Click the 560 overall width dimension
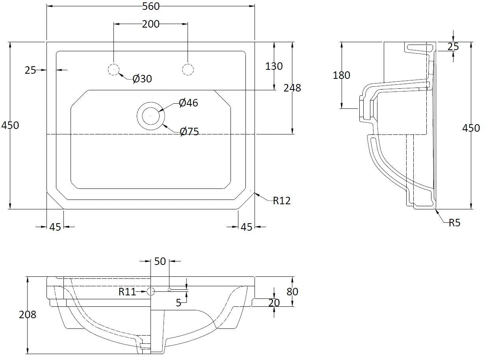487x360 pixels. pyautogui.click(x=151, y=6)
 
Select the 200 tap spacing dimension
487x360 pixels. pyautogui.click(x=151, y=24)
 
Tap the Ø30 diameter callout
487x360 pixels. pyautogui.click(x=142, y=79)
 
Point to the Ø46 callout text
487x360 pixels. pyautogui.click(x=188, y=103)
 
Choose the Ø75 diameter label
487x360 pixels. pyautogui.click(x=189, y=132)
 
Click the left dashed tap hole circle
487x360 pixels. pyautogui.click(x=113, y=70)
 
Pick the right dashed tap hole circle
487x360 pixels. pyautogui.click(x=188, y=70)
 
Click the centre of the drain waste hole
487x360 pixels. pyautogui.click(x=150, y=116)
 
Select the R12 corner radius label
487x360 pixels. pyautogui.click(x=282, y=201)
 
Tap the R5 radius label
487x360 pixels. pyautogui.click(x=454, y=223)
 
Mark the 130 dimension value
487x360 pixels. pyautogui.click(x=274, y=66)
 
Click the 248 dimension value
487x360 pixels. pyautogui.click(x=292, y=88)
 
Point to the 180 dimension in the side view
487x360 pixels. pyautogui.click(x=341, y=75)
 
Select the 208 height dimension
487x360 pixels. pyautogui.click(x=28, y=314)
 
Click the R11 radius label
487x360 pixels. pyautogui.click(x=127, y=292)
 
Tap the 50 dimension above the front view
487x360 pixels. pyautogui.click(x=160, y=261)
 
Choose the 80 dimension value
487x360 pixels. pyautogui.click(x=292, y=292)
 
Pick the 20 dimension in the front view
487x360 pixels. pyautogui.click(x=274, y=303)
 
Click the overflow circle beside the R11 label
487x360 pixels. pyautogui.click(x=151, y=292)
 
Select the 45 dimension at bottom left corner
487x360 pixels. pyautogui.click(x=55, y=227)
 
